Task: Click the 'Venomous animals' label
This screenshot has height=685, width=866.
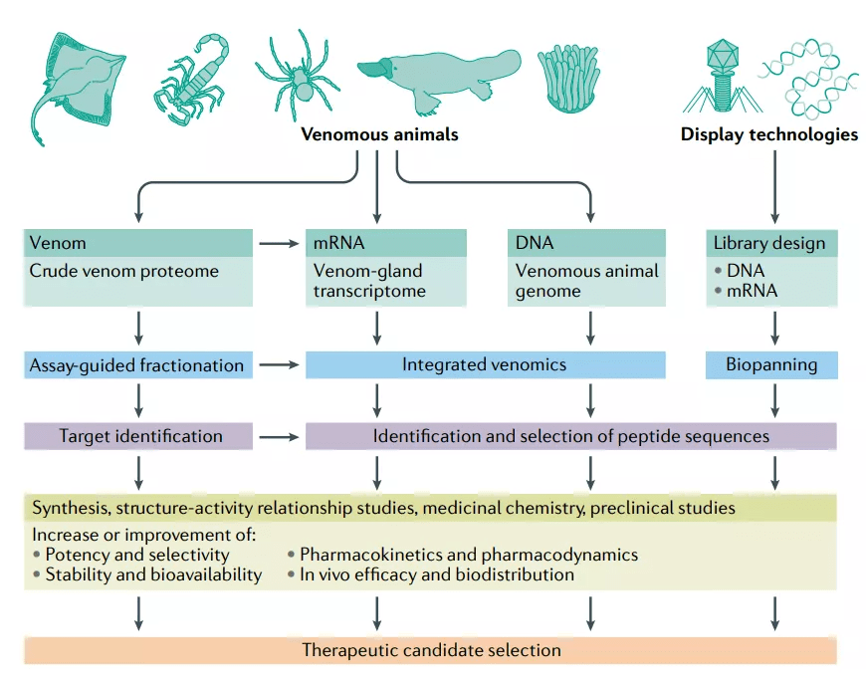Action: tap(379, 134)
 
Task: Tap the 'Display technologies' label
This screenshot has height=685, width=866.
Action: tap(768, 134)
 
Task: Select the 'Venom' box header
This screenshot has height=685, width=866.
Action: tap(138, 243)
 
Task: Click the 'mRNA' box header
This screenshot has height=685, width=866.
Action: tap(386, 243)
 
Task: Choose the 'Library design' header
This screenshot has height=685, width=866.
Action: tap(770, 243)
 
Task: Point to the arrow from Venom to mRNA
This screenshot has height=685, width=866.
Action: tap(280, 243)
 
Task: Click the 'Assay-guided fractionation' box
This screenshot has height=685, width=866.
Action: tap(138, 365)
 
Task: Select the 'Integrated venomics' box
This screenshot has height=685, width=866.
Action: tap(485, 365)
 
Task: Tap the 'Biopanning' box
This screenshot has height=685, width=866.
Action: tap(770, 365)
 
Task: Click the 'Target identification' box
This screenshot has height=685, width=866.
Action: tap(138, 436)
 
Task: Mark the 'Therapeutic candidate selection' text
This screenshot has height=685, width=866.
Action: tap(431, 650)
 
